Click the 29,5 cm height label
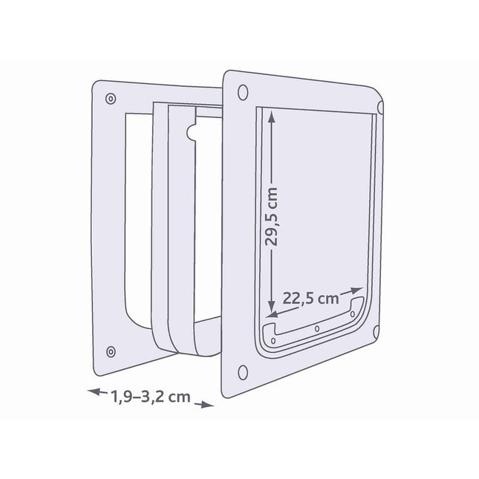271,216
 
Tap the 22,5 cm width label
310,299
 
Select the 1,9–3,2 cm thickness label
150,397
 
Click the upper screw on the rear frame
111,99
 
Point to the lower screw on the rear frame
111,351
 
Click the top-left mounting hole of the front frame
243,93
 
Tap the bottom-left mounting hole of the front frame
243,372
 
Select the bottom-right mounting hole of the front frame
376,332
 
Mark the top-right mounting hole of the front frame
380,107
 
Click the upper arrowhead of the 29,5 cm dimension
271,116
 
